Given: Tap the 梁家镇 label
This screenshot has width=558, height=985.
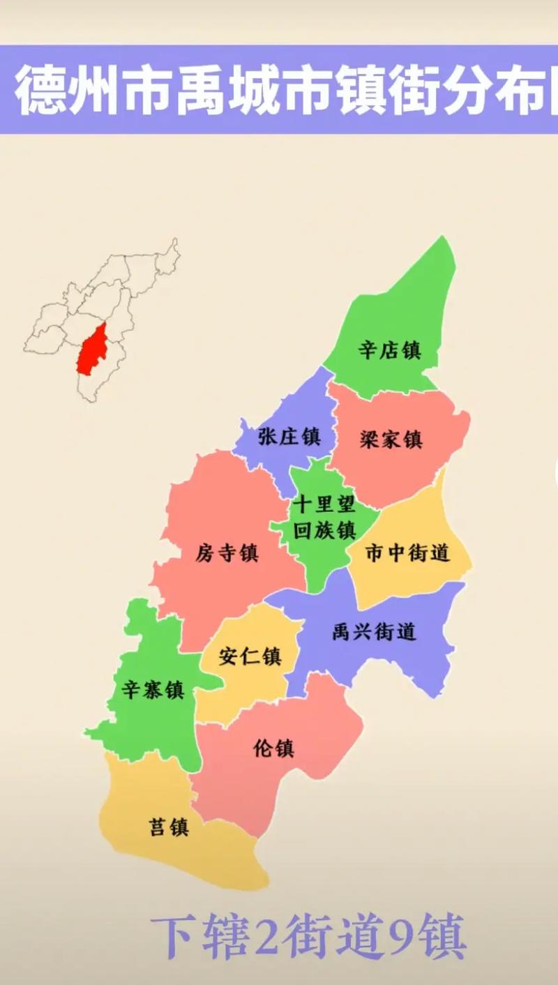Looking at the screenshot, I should click(391, 440).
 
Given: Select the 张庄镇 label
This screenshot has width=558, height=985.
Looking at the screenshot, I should click(289, 437).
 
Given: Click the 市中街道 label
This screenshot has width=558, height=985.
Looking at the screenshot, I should click(408, 553).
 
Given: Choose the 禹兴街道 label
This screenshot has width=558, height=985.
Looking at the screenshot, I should click(374, 632).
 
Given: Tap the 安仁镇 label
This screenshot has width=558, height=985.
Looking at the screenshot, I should click(250, 656).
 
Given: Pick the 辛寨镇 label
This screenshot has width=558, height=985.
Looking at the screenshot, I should click(153, 690).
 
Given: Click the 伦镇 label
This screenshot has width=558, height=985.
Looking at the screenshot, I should click(273, 749).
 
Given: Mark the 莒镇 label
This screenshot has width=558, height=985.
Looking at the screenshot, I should click(169, 827).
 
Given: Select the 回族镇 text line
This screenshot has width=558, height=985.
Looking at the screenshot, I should click(325, 529).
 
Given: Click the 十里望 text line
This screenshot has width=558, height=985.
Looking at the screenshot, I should click(324, 504).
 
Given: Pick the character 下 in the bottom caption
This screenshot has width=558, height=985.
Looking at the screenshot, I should click(174, 936).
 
